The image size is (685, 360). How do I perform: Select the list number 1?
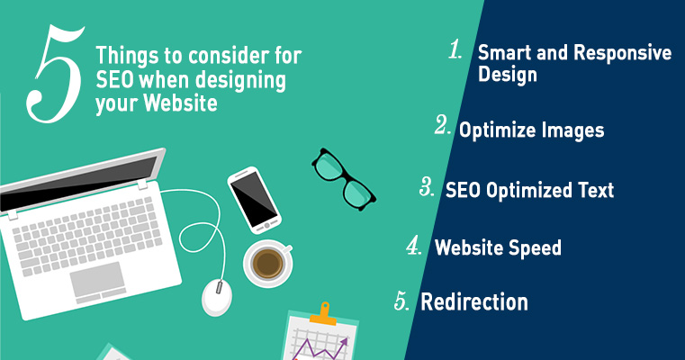click(x=455, y=50)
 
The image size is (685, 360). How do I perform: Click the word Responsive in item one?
click(x=621, y=53)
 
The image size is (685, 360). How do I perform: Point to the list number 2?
click(x=441, y=126)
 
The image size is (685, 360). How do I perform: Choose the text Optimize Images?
click(x=531, y=130)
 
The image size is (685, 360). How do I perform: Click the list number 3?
click(x=427, y=187)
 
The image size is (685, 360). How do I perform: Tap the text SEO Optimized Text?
click(x=529, y=190)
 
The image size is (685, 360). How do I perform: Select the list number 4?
click(x=414, y=246)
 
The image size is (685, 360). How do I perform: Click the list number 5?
click(x=402, y=301)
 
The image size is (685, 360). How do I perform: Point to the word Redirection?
click(x=474, y=301)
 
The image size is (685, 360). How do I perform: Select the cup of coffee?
click(x=267, y=263)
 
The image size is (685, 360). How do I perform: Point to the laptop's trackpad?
click(x=97, y=281)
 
